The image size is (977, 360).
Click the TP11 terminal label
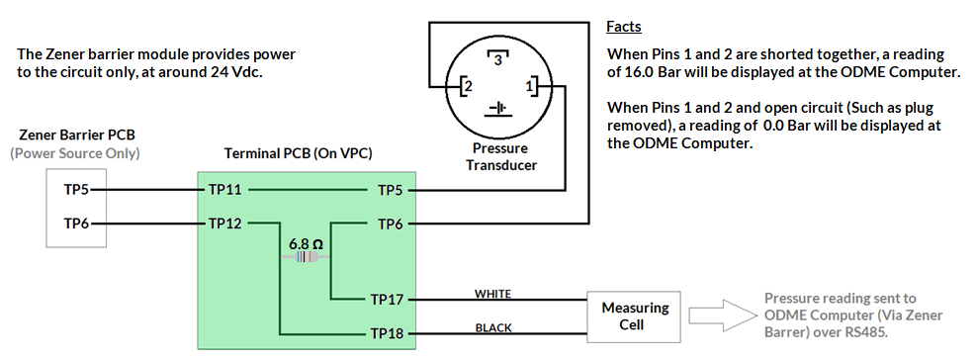click(x=224, y=188)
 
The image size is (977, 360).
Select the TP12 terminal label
click(x=224, y=224)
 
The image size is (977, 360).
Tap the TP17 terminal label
click(x=387, y=298)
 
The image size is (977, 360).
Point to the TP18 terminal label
click(x=387, y=333)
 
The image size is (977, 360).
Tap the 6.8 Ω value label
click(x=306, y=242)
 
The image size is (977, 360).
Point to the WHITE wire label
click(x=493, y=293)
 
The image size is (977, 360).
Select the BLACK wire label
click(x=493, y=328)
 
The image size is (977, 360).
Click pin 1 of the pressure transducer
click(x=530, y=88)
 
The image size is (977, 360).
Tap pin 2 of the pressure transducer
click(x=460, y=88)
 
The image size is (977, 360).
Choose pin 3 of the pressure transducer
click(x=498, y=60)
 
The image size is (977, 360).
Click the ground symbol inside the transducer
click(x=498, y=107)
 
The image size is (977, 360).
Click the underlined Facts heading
click(x=625, y=26)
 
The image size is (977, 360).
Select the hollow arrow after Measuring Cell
click(x=722, y=315)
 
